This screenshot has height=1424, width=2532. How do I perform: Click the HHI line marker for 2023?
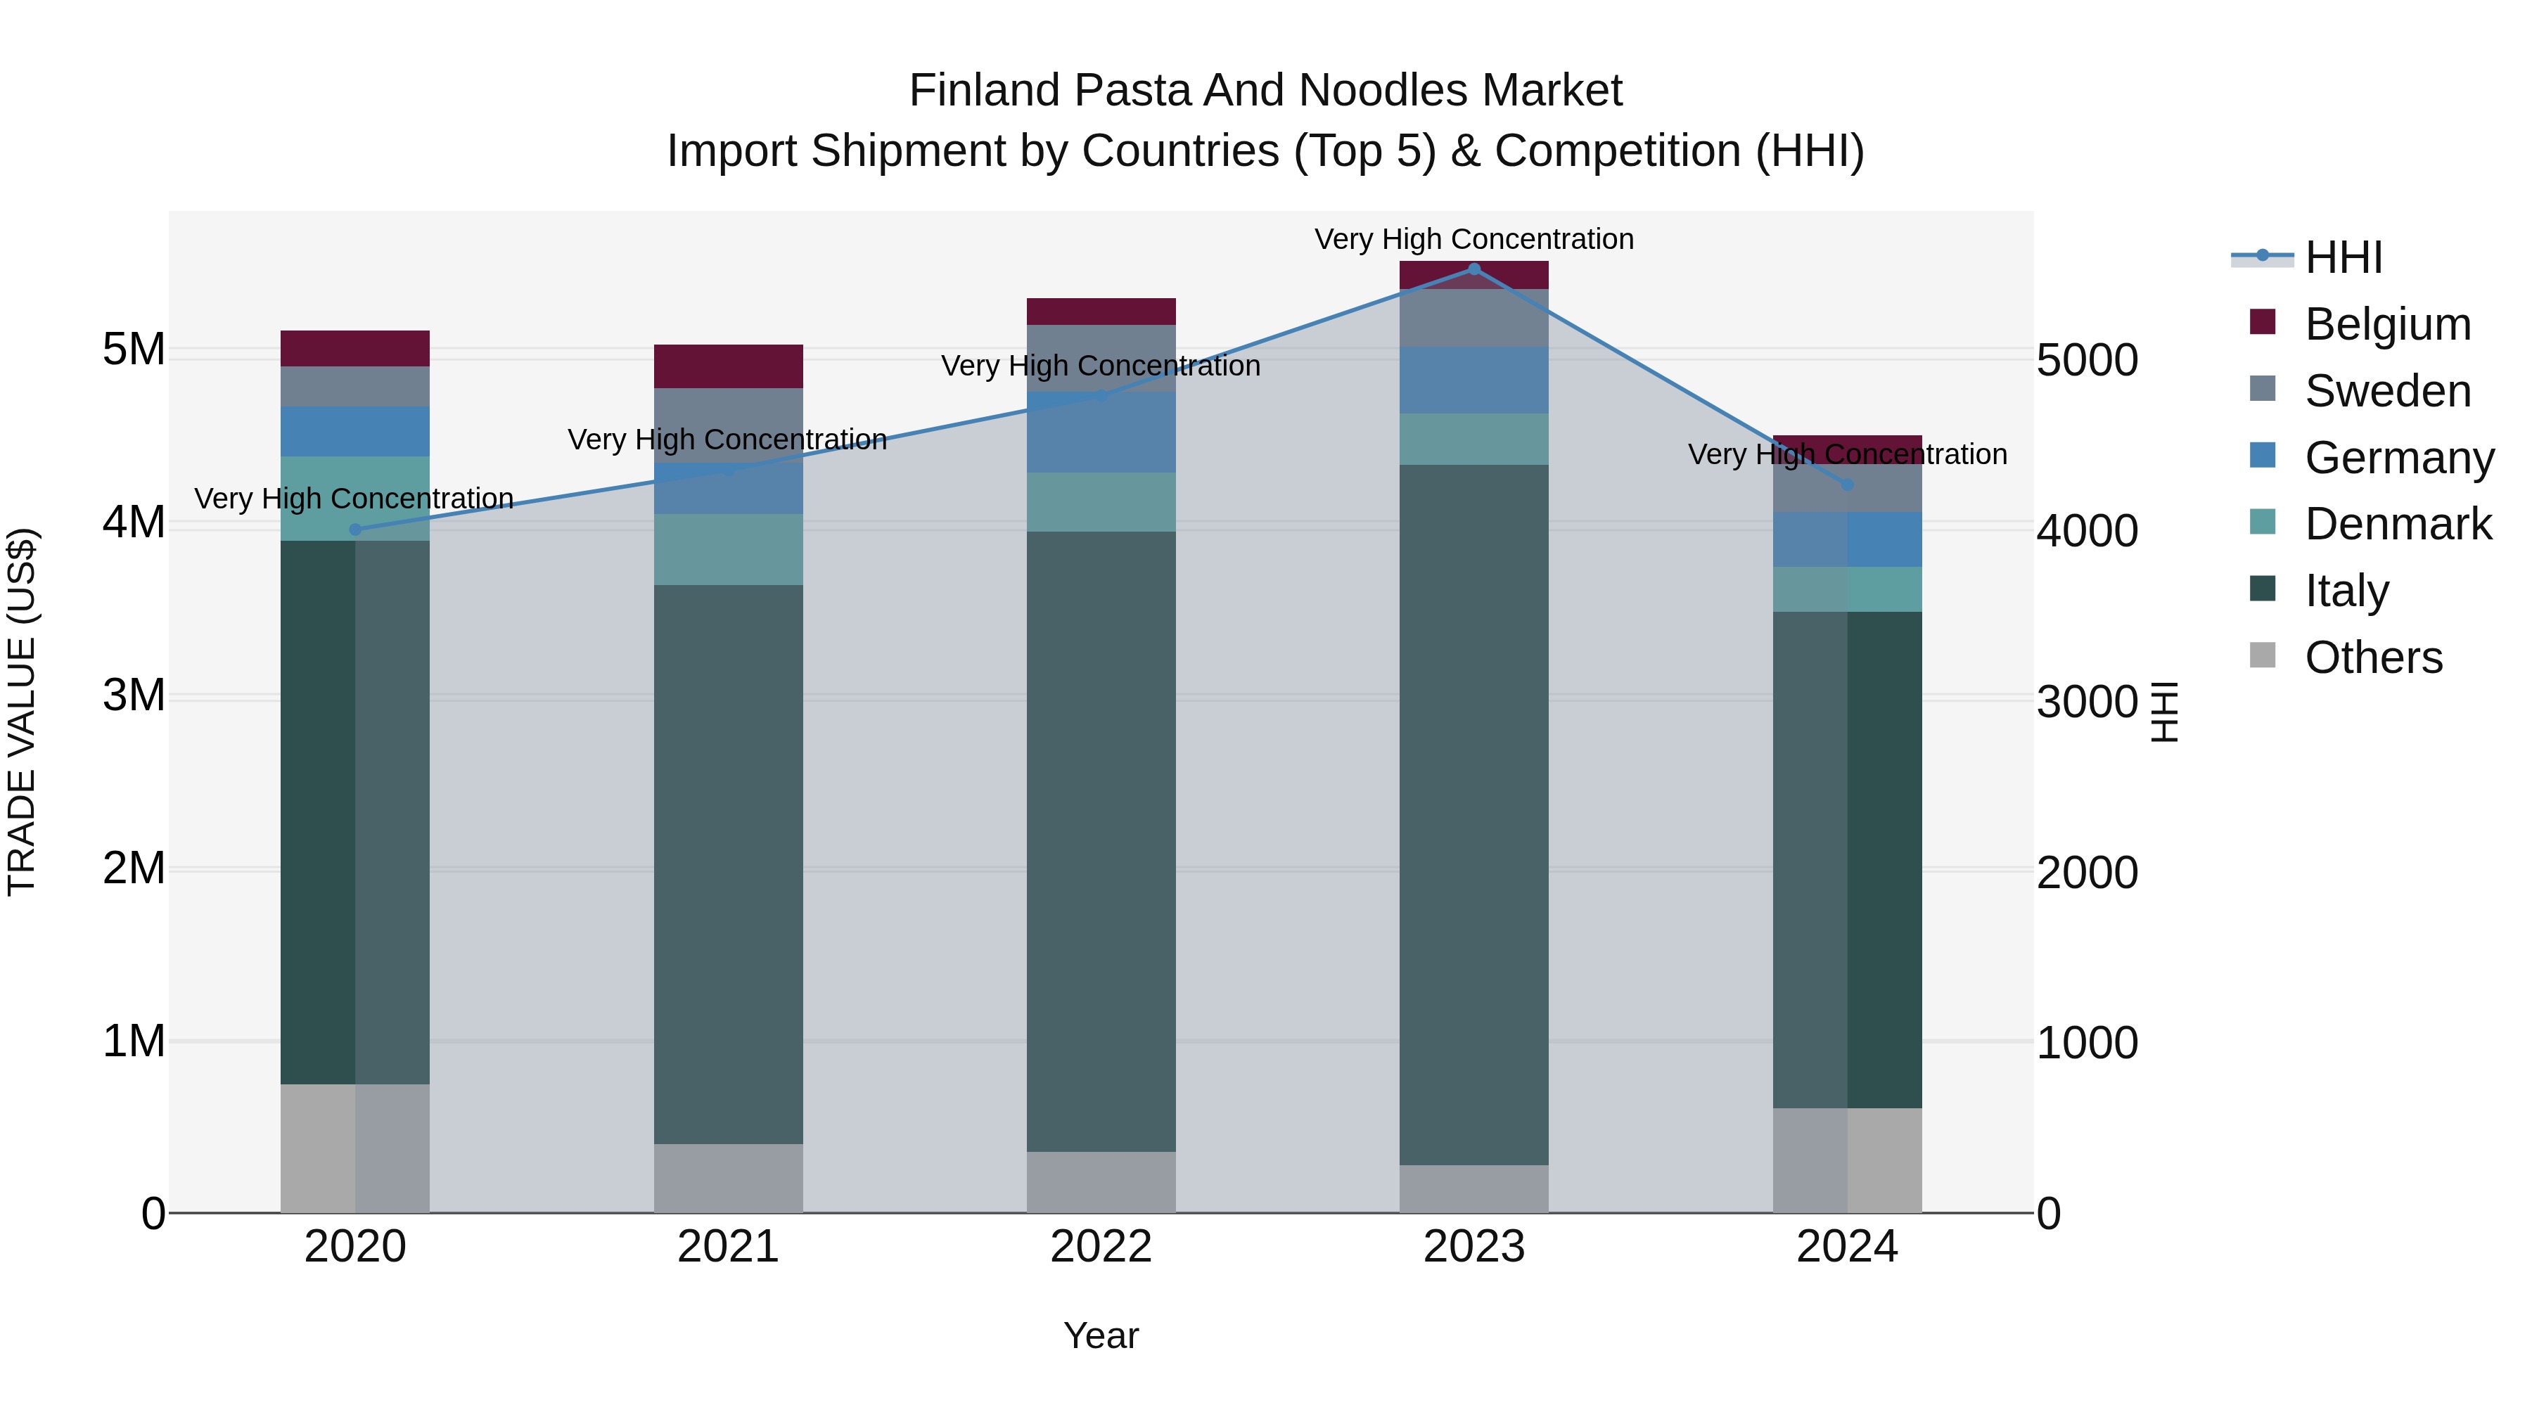[1473, 269]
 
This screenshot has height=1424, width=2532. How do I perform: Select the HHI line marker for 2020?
[356, 530]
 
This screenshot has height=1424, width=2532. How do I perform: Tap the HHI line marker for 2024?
[1846, 485]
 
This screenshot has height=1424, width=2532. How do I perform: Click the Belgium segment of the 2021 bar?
[729, 366]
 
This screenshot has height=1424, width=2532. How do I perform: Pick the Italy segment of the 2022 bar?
[1101, 841]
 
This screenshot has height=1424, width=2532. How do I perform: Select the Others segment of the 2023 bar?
[1473, 1188]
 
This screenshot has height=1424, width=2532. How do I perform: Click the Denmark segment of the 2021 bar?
[729, 549]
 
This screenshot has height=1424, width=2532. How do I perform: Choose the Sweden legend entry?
[2386, 391]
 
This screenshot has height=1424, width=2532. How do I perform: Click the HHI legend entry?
[2342, 257]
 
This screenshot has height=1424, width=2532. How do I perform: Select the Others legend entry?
[2373, 658]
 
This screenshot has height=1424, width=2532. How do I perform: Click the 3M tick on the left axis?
[134, 695]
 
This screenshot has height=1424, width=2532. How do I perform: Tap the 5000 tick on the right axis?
[2086, 361]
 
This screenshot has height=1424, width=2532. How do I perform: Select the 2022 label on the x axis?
[1101, 1247]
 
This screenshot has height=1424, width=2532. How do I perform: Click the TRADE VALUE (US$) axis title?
[22, 712]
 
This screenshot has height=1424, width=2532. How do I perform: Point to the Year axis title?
[1101, 1335]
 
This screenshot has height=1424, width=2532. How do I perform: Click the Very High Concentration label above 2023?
[1473, 239]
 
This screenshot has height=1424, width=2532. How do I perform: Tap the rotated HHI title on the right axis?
[2164, 712]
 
